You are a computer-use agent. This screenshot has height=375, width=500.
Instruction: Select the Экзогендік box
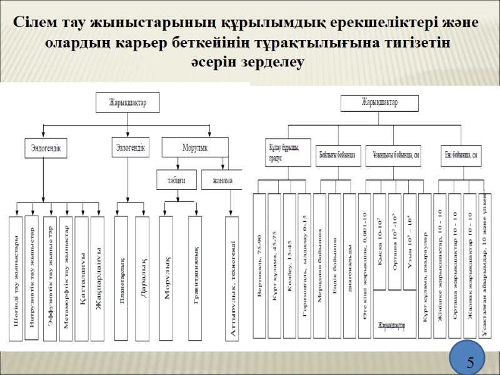point(130,147)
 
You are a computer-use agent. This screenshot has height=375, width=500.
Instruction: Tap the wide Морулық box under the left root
point(194,147)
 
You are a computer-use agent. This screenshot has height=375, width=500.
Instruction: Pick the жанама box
point(222,181)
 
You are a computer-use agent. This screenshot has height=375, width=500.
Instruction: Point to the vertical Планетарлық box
point(121,278)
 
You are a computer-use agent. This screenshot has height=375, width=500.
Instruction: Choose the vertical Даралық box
point(143,278)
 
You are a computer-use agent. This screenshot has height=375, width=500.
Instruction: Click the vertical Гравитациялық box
point(195,278)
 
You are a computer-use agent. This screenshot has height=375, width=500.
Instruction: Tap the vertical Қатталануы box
point(82,278)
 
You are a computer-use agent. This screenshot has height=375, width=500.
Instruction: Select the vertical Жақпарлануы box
point(98,278)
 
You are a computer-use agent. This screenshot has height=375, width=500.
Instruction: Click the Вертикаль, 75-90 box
point(259,266)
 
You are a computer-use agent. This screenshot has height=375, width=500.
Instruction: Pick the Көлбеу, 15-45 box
point(289,266)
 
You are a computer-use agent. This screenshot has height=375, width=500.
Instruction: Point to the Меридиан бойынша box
point(319,266)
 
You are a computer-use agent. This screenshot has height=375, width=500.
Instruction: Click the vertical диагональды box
point(349,266)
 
